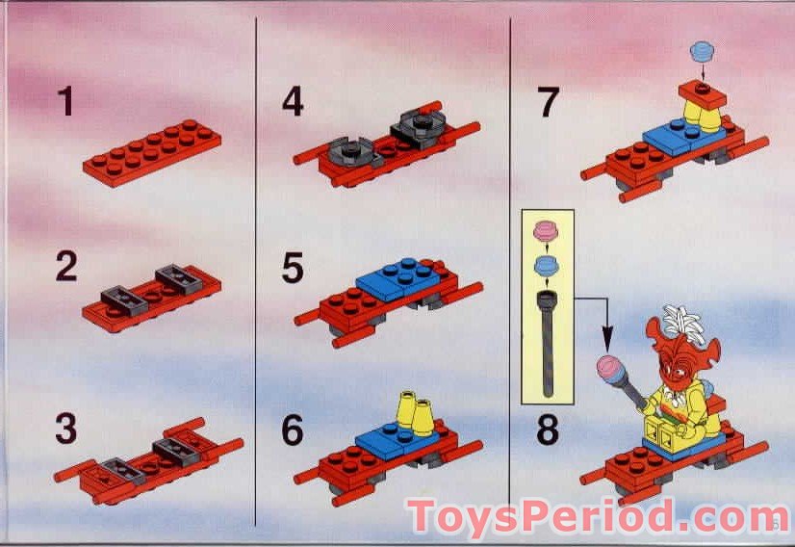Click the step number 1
tap(65, 101)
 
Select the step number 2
tap(65, 267)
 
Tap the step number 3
tap(65, 430)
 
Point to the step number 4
tap(293, 101)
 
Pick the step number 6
tap(293, 430)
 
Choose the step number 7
tap(547, 101)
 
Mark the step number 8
tap(547, 430)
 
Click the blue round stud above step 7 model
tap(702, 49)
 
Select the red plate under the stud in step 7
tap(701, 93)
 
